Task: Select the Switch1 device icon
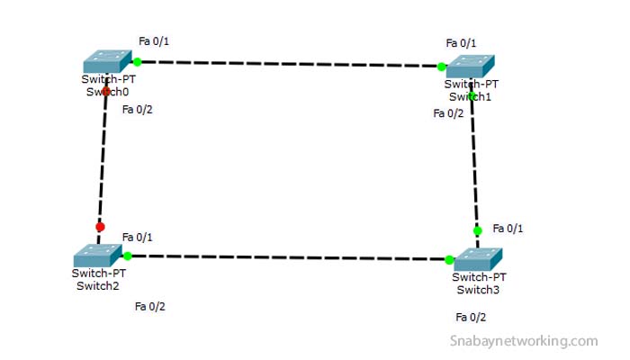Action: [x=471, y=66]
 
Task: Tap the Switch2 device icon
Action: [x=97, y=255]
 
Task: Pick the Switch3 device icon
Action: [x=480, y=259]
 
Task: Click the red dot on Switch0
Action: [x=106, y=91]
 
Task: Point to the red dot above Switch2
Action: [x=100, y=227]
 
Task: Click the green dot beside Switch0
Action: [x=138, y=62]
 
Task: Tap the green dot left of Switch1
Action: [x=442, y=67]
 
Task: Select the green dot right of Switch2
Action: [x=128, y=256]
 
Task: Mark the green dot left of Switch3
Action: [x=449, y=260]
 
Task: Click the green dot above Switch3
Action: [x=478, y=230]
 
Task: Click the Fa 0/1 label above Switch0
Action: [x=154, y=41]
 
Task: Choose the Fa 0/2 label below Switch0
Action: [x=138, y=111]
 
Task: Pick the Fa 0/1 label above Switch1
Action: [x=461, y=43]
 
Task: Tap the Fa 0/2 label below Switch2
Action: [x=150, y=307]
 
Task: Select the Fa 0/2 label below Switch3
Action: [x=471, y=318]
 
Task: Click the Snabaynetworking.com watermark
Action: [x=524, y=341]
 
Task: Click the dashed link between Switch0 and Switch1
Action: [x=288, y=64]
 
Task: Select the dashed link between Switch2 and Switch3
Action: [x=288, y=257]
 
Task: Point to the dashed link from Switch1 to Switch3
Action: [x=474, y=162]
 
